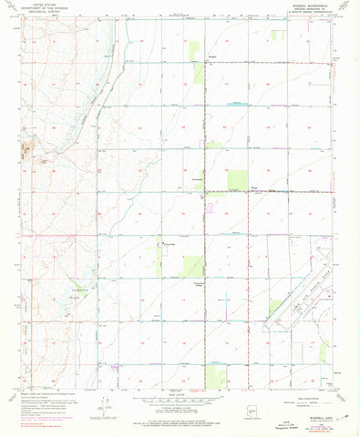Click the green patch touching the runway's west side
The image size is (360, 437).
(x=274, y=309)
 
